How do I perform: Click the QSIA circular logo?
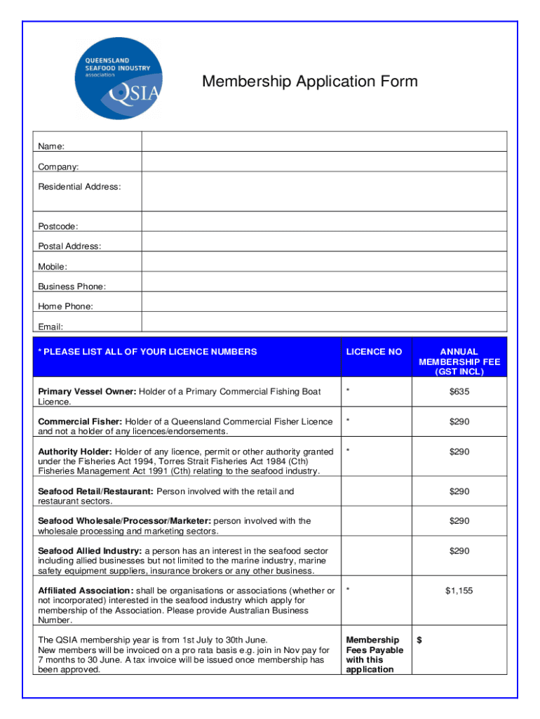118,79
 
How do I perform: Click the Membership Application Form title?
309,81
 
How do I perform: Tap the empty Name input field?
324,141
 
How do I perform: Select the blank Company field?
324,162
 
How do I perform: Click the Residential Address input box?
324,191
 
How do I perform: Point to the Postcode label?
58,226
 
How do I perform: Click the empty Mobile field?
324,262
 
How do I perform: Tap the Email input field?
324,322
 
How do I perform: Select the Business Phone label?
72,286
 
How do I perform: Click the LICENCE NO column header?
374,352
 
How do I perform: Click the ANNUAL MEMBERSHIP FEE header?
459,361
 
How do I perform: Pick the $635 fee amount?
459,392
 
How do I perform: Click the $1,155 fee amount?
459,591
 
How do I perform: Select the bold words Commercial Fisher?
71,421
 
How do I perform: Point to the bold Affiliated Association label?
85,591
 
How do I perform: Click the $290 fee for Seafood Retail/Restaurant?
459,492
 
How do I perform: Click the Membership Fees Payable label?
374,654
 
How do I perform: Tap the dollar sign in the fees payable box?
419,640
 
